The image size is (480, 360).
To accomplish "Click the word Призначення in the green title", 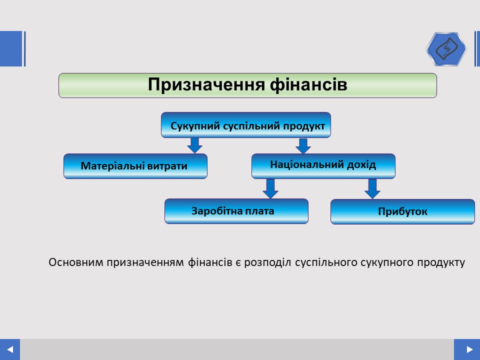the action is [x=206, y=85].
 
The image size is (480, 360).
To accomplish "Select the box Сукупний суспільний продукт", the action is [x=246, y=125].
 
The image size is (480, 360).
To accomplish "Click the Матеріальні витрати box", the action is [x=135, y=166].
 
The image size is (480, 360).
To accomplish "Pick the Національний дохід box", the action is [x=323, y=166].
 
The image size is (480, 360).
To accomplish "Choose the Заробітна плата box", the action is [x=236, y=211].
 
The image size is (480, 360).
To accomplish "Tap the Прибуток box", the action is [x=402, y=211].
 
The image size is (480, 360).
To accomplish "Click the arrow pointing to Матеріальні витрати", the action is [x=194, y=145].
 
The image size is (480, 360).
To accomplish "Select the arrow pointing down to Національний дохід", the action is [x=303, y=146].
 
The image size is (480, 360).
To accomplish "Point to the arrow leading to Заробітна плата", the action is [x=270, y=188].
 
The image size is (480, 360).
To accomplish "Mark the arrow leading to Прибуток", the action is [x=372, y=189].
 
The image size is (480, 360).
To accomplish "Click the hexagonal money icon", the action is [x=446, y=49].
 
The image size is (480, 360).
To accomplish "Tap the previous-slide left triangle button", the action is [x=10, y=349].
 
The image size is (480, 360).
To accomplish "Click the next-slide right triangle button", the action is [x=467, y=349].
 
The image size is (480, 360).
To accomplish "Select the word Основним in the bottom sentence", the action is [x=76, y=262].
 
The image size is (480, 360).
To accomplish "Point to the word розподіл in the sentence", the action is [x=267, y=262].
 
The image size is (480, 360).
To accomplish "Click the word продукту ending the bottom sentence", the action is [x=441, y=263].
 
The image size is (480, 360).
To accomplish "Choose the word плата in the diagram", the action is [x=260, y=211].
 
